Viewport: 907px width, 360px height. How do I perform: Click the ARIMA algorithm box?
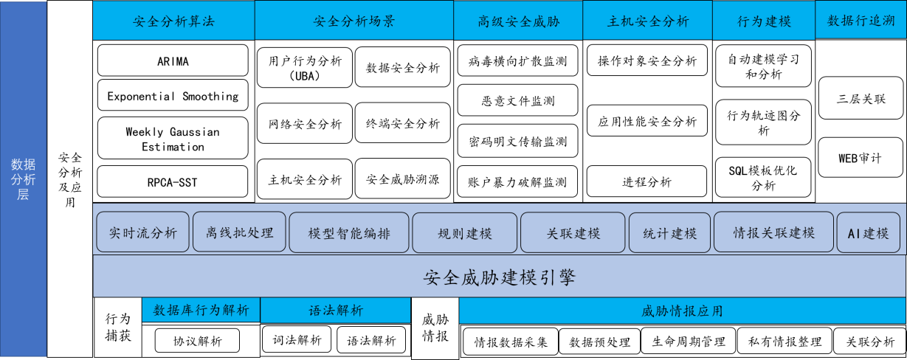click(173, 60)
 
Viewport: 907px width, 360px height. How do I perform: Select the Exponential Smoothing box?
click(173, 95)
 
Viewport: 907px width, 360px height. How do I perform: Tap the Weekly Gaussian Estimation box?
click(173, 138)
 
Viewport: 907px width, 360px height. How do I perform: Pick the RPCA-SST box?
click(173, 181)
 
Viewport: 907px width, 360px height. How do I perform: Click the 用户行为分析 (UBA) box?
click(305, 67)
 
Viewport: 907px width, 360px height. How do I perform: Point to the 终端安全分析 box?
click(402, 122)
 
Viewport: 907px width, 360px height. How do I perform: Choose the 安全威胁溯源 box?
click(402, 179)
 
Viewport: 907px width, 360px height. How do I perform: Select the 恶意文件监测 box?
click(517, 100)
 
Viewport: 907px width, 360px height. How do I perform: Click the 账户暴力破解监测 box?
click(517, 181)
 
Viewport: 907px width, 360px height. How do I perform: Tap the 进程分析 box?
click(646, 181)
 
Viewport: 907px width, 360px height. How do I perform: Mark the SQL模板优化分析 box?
click(763, 177)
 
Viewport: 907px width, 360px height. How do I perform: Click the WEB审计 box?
click(861, 158)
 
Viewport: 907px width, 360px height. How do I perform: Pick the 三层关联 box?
click(861, 98)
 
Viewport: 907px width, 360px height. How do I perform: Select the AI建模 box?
click(868, 232)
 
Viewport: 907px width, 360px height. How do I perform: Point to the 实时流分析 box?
click(142, 232)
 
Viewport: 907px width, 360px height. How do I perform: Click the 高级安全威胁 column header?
click(518, 20)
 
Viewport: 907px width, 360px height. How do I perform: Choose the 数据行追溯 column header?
click(861, 20)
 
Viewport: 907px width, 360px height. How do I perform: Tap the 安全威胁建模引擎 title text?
click(499, 277)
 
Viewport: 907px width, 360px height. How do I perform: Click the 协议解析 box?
click(197, 341)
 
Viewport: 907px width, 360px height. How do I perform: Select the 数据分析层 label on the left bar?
click(23, 179)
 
